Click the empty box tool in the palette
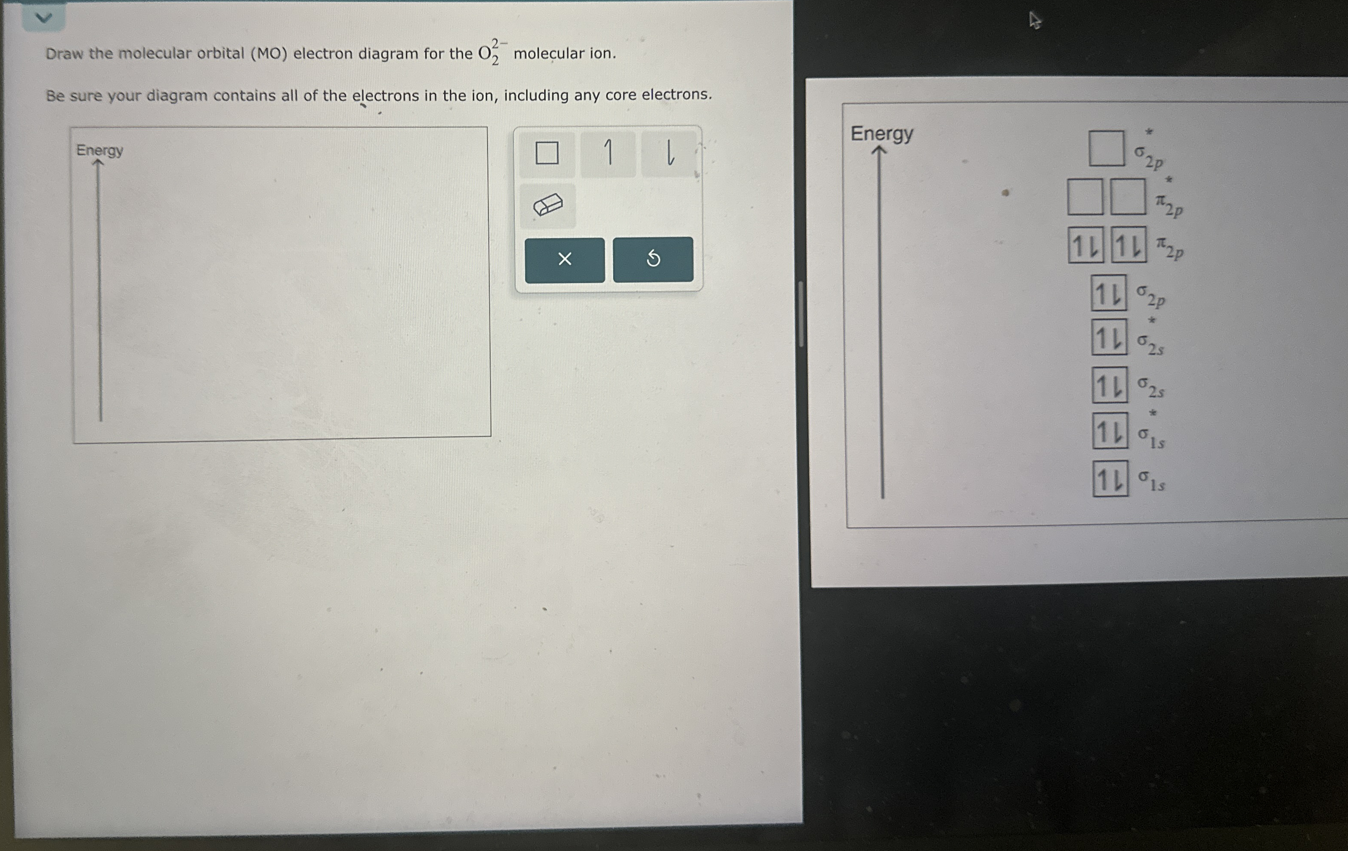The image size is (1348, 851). pos(547,153)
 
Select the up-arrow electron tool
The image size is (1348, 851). pos(608,153)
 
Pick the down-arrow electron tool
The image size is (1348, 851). pos(669,153)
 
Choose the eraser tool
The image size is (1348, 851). pos(547,205)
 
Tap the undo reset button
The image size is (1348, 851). pos(653,259)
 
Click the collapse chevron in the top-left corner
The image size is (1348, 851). pos(43,18)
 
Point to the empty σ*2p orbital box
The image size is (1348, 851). pos(1107,149)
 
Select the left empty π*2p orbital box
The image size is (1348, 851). pos(1085,197)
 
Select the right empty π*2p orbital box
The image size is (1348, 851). pos(1128,197)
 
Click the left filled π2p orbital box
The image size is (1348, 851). pos(1085,244)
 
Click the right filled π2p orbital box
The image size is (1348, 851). pos(1128,244)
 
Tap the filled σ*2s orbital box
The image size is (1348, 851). pos(1110,337)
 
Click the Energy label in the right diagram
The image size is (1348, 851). pos(882,134)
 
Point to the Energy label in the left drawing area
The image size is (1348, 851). pos(100,150)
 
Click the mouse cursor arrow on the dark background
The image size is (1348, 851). pos(1035,21)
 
